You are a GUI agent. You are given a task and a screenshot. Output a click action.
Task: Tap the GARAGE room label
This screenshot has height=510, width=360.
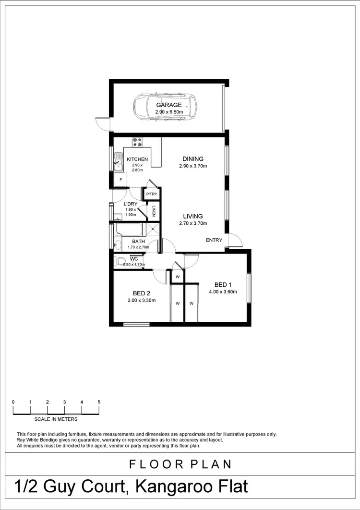point(168,105)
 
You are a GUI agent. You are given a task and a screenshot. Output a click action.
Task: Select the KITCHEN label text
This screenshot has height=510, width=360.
point(137,159)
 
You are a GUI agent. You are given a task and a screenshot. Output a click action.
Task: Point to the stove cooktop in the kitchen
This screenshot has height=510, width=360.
point(137,142)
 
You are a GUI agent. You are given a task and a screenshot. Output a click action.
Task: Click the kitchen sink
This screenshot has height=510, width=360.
point(118,163)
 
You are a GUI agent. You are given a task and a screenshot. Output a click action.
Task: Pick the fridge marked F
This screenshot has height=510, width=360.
point(120,180)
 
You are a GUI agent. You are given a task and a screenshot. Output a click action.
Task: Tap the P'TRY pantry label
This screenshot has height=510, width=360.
point(152,194)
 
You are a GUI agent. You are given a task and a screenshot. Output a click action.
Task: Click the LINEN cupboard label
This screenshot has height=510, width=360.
point(154,211)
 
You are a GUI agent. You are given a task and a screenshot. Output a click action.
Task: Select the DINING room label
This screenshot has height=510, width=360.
point(193,159)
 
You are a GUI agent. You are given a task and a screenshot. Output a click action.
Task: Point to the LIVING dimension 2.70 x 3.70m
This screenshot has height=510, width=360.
point(192,223)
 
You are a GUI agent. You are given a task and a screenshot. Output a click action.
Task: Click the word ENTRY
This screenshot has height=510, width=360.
point(214,240)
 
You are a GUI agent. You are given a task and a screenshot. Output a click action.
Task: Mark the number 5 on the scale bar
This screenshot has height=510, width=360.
point(99,401)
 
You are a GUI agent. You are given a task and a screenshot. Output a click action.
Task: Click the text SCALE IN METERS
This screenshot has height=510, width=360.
point(56,419)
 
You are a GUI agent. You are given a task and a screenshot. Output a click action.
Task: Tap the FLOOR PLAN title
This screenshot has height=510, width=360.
point(180,464)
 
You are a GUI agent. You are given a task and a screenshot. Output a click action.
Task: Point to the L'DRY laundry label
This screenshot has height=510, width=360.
point(131,204)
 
